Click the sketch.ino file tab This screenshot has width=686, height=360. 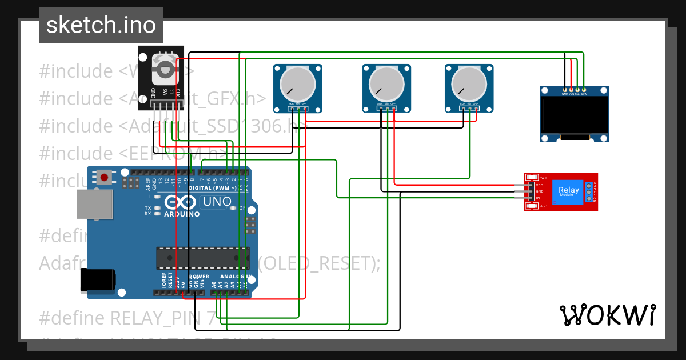101,25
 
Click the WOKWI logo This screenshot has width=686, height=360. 607,315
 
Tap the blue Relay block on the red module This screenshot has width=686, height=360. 568,191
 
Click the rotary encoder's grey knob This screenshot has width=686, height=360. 165,69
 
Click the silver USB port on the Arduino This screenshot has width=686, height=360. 94,204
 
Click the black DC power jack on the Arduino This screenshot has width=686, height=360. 98,279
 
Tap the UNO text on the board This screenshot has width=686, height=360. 217,201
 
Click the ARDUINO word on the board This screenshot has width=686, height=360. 182,214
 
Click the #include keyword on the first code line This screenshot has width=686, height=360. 77,71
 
